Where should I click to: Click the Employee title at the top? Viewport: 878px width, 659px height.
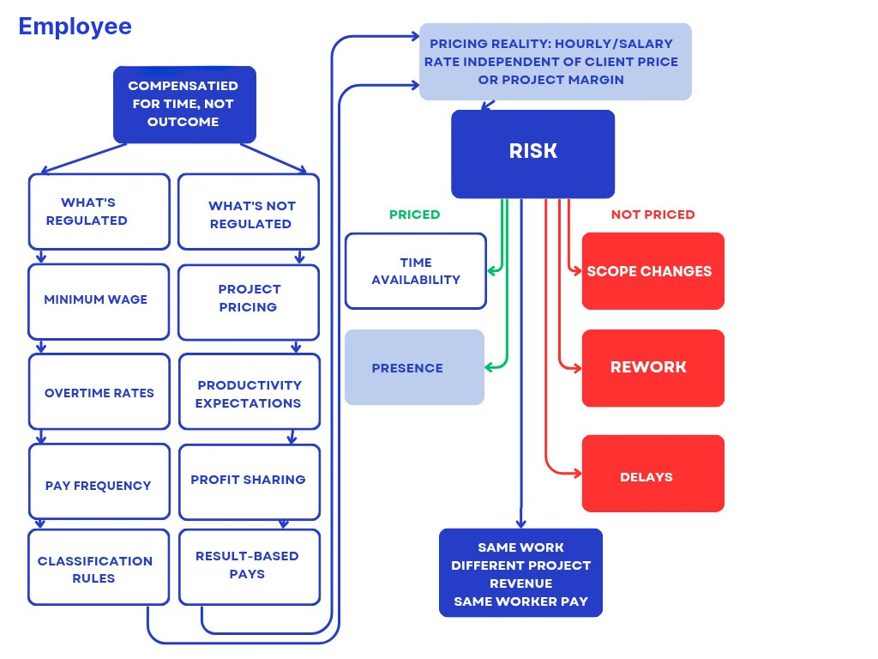(75, 27)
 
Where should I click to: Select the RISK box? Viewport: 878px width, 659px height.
(532, 153)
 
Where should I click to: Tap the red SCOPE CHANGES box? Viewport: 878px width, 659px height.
(652, 271)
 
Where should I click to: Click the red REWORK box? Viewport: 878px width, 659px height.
(652, 367)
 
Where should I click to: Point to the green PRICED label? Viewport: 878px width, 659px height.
(414, 215)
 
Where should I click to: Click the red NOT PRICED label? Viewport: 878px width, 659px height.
(652, 215)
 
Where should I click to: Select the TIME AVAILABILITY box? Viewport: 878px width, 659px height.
(416, 271)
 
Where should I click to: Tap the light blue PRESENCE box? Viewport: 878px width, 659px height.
(414, 367)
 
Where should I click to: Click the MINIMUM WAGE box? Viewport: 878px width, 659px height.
(99, 300)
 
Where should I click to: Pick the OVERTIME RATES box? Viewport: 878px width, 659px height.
(99, 392)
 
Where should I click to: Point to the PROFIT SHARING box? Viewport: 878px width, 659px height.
(249, 481)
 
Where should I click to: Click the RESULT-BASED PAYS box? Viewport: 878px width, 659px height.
(249, 565)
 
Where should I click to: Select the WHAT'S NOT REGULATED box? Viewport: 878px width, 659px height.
(249, 215)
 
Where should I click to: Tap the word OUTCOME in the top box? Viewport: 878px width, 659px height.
(183, 122)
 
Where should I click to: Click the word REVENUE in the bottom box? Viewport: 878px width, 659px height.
(520, 583)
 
